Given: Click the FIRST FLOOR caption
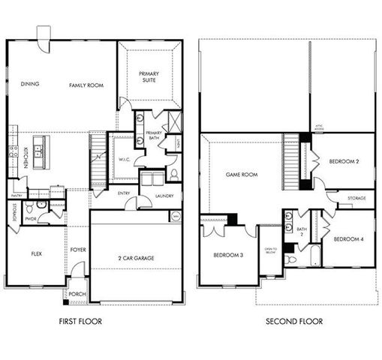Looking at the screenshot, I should [x=80, y=321].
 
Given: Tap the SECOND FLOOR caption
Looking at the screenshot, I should [x=294, y=321].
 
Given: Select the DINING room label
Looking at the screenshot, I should [x=30, y=84].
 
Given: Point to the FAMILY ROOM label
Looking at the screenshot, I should [x=86, y=85].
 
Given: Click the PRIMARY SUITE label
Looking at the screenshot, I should [x=149, y=77].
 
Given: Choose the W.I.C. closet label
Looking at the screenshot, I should [x=125, y=159].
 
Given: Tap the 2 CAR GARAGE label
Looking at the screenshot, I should [x=136, y=258].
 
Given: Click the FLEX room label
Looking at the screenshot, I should [x=35, y=253].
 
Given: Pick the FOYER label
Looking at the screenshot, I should [x=78, y=250].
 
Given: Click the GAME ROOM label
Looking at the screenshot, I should [x=242, y=174].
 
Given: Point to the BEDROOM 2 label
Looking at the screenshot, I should [x=346, y=161].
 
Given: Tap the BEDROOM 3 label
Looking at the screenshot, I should [x=228, y=255].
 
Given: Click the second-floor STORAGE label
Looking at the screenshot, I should [x=356, y=199].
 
